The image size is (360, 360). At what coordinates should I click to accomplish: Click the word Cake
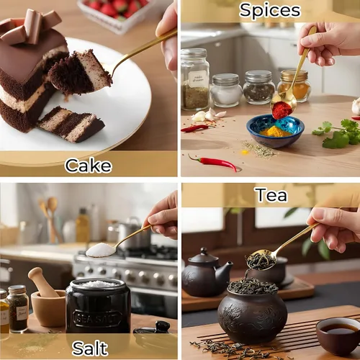(89, 166)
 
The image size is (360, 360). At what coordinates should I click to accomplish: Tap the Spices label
(270, 10)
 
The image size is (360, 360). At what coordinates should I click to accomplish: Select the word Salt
(90, 348)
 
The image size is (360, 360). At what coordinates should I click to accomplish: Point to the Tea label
(271, 195)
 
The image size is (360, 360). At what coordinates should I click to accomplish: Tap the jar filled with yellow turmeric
(294, 86)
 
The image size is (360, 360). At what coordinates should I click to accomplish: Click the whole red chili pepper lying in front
(214, 163)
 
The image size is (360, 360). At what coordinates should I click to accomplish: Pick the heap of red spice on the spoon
(282, 109)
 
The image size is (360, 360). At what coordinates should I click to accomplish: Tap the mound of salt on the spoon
(100, 250)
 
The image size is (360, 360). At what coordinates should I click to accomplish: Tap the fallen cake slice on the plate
(72, 124)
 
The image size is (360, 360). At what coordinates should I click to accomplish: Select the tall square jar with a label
(195, 79)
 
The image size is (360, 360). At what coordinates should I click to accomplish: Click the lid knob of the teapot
(204, 251)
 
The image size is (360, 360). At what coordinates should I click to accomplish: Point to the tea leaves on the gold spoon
(261, 261)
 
